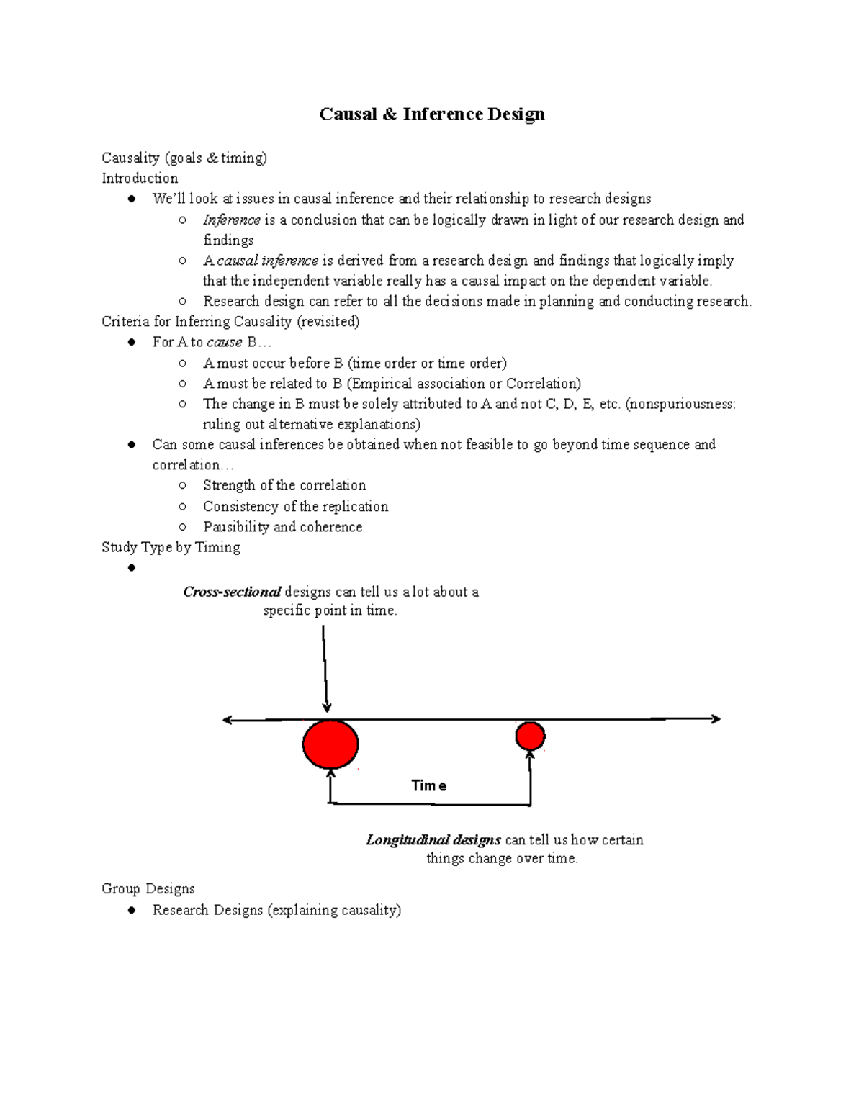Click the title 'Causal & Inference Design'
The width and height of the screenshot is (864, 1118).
[x=432, y=114]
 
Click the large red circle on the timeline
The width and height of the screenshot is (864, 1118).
[x=330, y=744]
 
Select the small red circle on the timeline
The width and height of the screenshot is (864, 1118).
[x=530, y=736]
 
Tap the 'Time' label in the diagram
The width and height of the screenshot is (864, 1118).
[x=428, y=785]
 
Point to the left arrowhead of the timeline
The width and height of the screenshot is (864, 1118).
[x=228, y=719]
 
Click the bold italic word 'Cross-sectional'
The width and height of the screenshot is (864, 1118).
[x=232, y=592]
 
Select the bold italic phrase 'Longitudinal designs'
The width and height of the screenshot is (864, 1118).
[x=433, y=839]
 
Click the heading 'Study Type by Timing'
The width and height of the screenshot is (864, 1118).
[x=171, y=547]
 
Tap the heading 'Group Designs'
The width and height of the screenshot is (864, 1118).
[x=148, y=888]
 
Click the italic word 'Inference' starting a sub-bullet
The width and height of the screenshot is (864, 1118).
[x=231, y=220]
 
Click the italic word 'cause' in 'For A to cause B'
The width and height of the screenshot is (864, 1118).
[x=224, y=342]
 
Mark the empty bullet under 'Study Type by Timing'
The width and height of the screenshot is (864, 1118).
[x=131, y=568]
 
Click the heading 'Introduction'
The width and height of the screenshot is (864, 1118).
[x=140, y=178]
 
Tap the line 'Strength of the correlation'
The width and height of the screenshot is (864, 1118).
[x=284, y=485]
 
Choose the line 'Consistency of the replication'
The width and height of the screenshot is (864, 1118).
[x=295, y=507]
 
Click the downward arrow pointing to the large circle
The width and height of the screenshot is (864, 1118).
[x=325, y=670]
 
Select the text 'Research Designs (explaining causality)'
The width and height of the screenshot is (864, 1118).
[x=276, y=910]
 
